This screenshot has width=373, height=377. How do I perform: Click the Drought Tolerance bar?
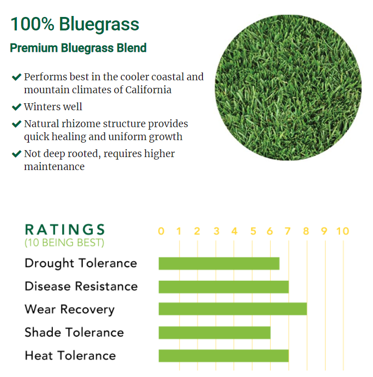tap(219, 263)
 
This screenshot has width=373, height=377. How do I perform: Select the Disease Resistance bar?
tap(224, 287)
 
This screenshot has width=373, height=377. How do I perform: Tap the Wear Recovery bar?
tap(233, 309)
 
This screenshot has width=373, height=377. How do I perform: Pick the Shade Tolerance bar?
tap(214, 333)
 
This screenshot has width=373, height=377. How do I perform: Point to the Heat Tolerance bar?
tap(224, 356)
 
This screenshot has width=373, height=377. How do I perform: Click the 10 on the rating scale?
tap(343, 231)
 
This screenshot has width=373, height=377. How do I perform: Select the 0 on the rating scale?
tap(161, 231)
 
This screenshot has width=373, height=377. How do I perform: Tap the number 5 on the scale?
tap(253, 231)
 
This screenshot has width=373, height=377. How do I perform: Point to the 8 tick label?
tap(306, 231)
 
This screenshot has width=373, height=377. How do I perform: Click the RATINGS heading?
tap(65, 229)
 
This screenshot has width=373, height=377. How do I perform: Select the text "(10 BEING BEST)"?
tap(64, 242)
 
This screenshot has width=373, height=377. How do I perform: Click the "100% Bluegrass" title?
tap(75, 24)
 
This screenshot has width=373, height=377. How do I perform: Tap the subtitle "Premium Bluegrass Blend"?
tap(78, 47)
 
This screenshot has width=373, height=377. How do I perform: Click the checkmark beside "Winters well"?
tap(16, 107)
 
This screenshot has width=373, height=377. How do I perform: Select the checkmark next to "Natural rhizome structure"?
tap(16, 124)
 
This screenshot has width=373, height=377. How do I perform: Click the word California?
tap(148, 90)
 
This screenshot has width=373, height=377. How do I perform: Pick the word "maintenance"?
tap(54, 167)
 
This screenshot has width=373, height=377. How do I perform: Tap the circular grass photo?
tap(288, 88)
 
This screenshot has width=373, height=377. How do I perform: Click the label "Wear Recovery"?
tap(69, 309)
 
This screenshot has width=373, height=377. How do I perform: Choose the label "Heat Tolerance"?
tap(70, 356)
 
